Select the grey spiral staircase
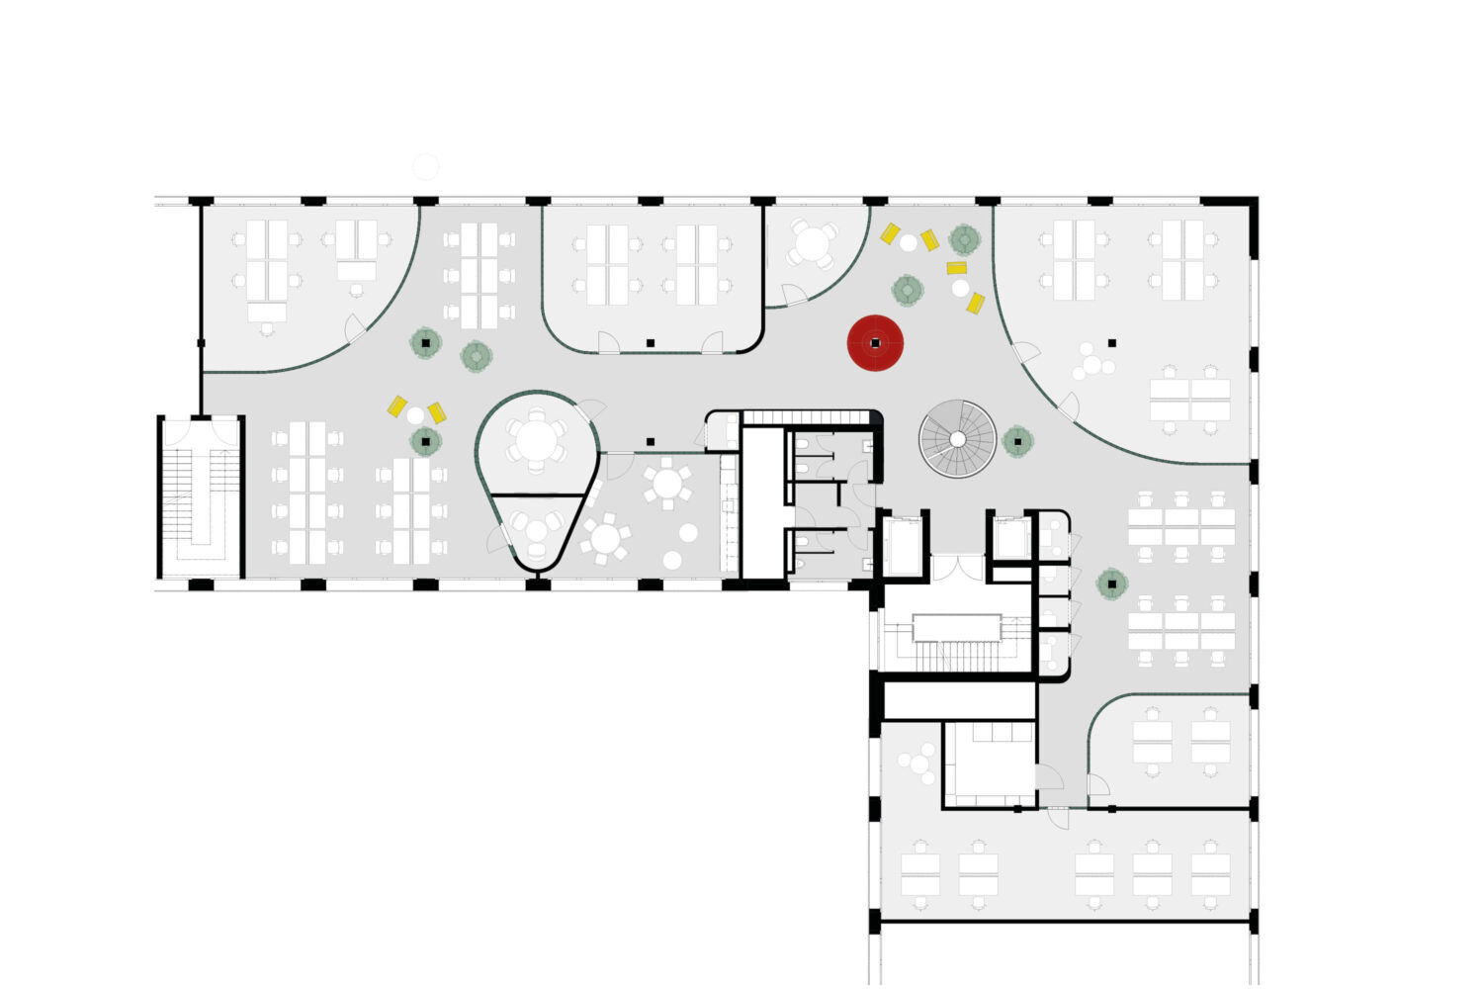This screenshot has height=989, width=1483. pyautogui.click(x=957, y=438)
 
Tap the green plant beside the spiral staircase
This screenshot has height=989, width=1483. pyautogui.click(x=1017, y=441)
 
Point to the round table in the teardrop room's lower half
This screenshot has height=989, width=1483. pyautogui.click(x=537, y=530)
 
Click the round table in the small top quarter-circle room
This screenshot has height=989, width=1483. pyautogui.click(x=813, y=244)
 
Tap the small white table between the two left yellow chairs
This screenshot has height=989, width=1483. pyautogui.click(x=416, y=415)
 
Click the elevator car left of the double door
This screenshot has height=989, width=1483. pyautogui.click(x=902, y=545)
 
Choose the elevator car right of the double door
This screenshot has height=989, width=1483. pyautogui.click(x=1009, y=539)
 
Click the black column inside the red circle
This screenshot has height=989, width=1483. pyautogui.click(x=875, y=343)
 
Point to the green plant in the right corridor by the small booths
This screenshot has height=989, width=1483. pyautogui.click(x=1112, y=584)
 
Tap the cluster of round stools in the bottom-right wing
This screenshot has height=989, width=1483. pyautogui.click(x=918, y=764)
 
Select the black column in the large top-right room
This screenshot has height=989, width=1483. pyautogui.click(x=1112, y=343)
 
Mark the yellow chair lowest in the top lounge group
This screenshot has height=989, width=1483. pyautogui.click(x=975, y=304)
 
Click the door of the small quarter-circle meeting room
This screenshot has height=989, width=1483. pyautogui.click(x=794, y=295)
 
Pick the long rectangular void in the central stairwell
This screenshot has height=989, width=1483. pyautogui.click(x=957, y=627)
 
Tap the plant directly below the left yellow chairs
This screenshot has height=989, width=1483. pyautogui.click(x=426, y=441)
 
